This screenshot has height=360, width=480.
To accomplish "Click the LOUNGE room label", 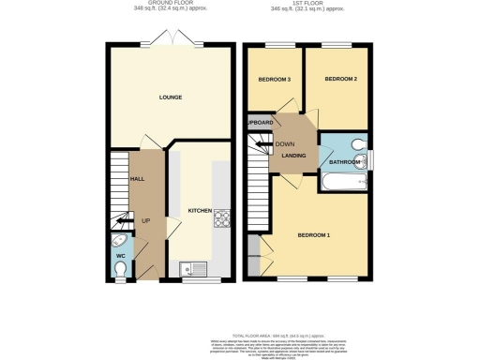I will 170,97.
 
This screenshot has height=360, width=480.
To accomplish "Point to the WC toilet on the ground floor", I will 118,271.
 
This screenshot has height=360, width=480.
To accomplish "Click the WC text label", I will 120,254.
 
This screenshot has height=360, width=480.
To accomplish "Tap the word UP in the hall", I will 145,220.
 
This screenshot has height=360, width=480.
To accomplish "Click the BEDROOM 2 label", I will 340,80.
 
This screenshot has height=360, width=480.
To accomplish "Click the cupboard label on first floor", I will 260,123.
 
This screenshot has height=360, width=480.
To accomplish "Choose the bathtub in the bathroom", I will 343,183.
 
